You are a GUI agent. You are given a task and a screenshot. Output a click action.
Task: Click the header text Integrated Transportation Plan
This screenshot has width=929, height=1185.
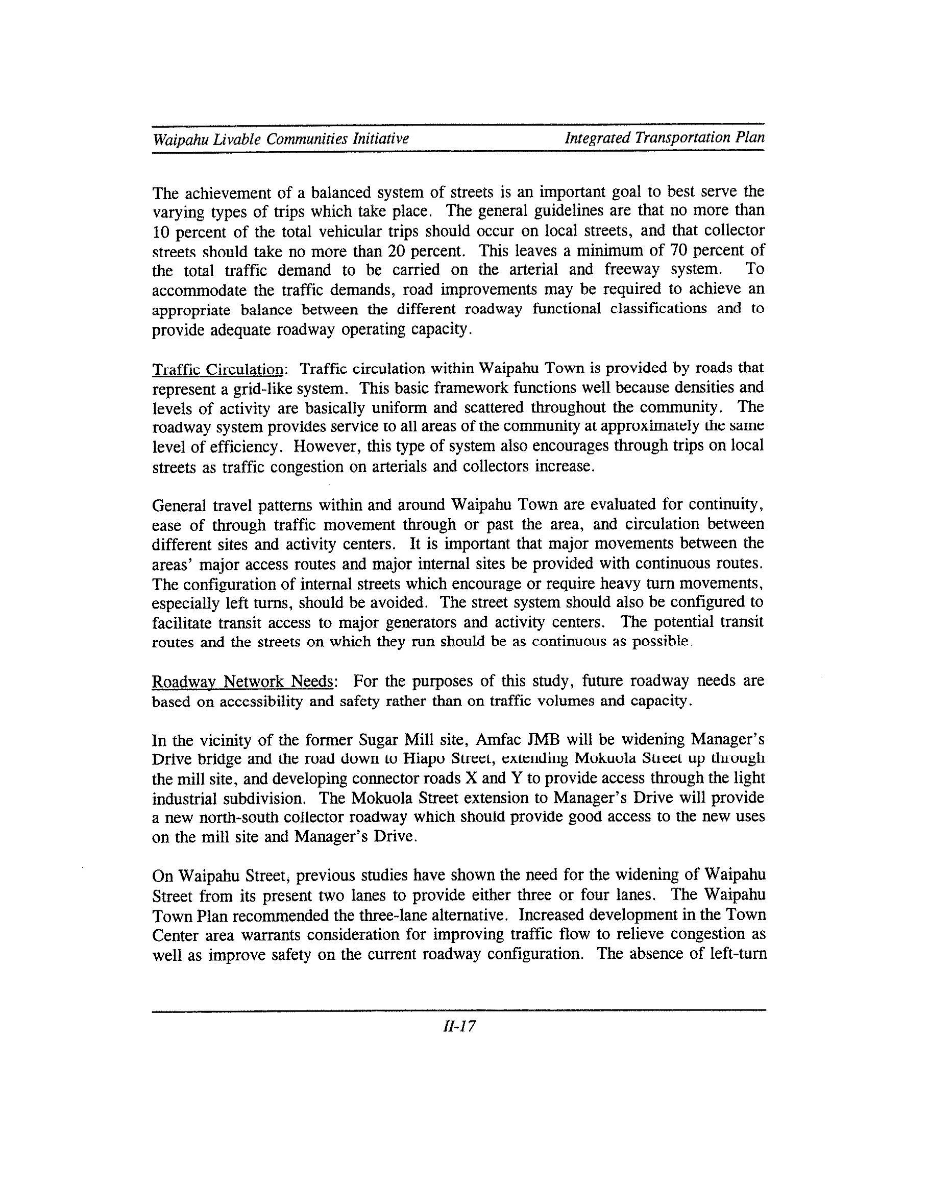(x=665, y=138)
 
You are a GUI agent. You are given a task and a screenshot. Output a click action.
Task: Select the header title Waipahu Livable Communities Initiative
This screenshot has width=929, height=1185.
(x=281, y=139)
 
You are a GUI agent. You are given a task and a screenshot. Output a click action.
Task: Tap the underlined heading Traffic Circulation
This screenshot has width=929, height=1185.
(x=217, y=370)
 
